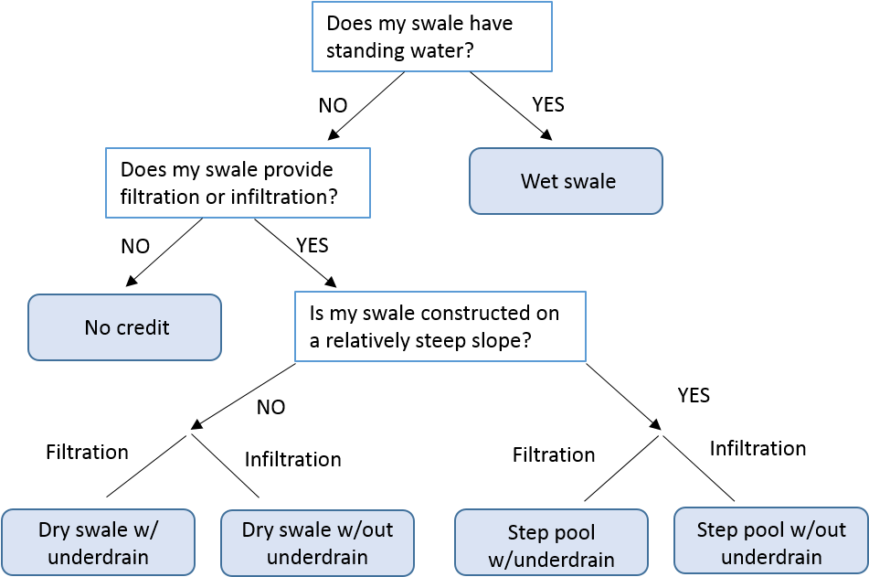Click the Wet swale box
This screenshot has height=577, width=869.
pos(566,181)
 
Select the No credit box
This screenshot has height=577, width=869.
pos(124,327)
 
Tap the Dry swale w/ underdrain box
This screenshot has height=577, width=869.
pos(98,542)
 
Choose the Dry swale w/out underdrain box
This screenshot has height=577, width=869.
pos(317,543)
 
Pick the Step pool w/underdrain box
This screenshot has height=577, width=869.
pos(551,543)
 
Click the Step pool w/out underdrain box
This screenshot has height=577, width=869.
pos(771,541)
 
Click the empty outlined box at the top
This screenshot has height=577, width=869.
pos(432,37)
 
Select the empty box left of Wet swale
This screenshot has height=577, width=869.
pos(238,183)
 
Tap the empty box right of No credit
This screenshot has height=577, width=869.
pos(440,326)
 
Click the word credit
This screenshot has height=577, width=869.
pos(142,327)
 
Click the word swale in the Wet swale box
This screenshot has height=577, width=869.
pos(589,181)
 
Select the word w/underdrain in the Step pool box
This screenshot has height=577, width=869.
pos(551,559)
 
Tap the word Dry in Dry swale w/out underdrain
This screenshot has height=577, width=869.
pos(257,529)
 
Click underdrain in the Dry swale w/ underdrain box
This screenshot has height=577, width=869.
pos(98,557)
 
